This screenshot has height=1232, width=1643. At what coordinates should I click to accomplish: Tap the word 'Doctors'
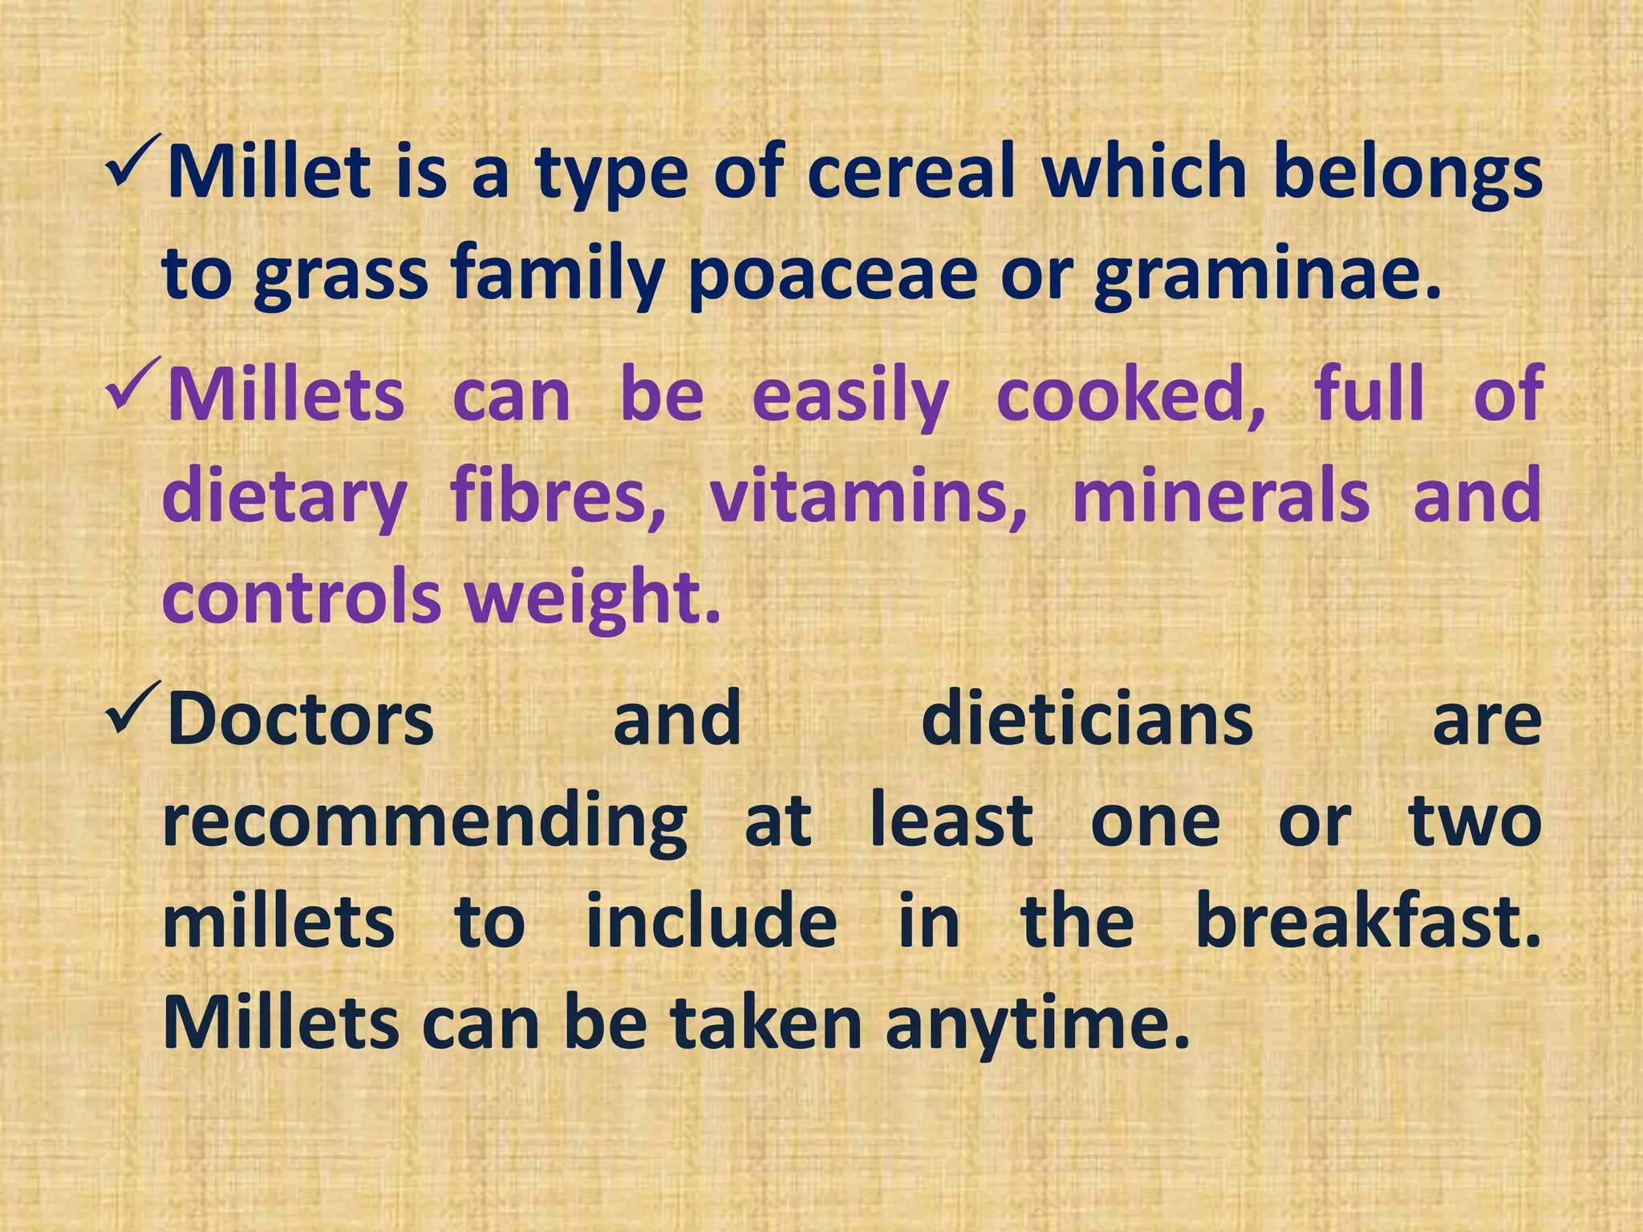(x=300, y=719)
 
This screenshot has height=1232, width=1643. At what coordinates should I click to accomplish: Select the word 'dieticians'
(x=1087, y=719)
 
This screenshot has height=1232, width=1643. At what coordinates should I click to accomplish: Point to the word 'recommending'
(x=424, y=823)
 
